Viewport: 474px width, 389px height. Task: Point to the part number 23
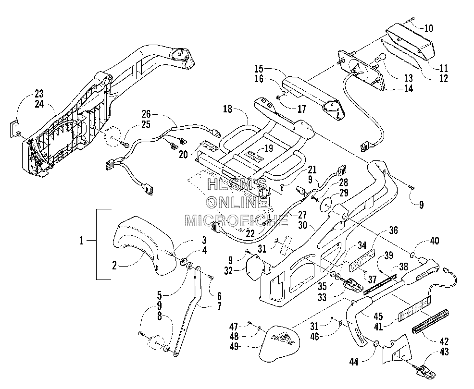(x=39, y=93)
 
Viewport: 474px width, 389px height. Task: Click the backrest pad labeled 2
(x=145, y=244)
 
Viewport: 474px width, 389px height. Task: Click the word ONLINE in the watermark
(x=237, y=203)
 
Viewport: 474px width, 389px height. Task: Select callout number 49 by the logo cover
(x=234, y=346)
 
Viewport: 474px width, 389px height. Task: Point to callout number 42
(x=444, y=341)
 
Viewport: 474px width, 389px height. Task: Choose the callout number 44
(x=354, y=361)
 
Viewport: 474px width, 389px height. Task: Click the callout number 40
(x=435, y=241)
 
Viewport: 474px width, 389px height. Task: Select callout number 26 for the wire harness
(x=147, y=114)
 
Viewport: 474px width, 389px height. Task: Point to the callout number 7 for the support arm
(x=219, y=306)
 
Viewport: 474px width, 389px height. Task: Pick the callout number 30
(x=303, y=225)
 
